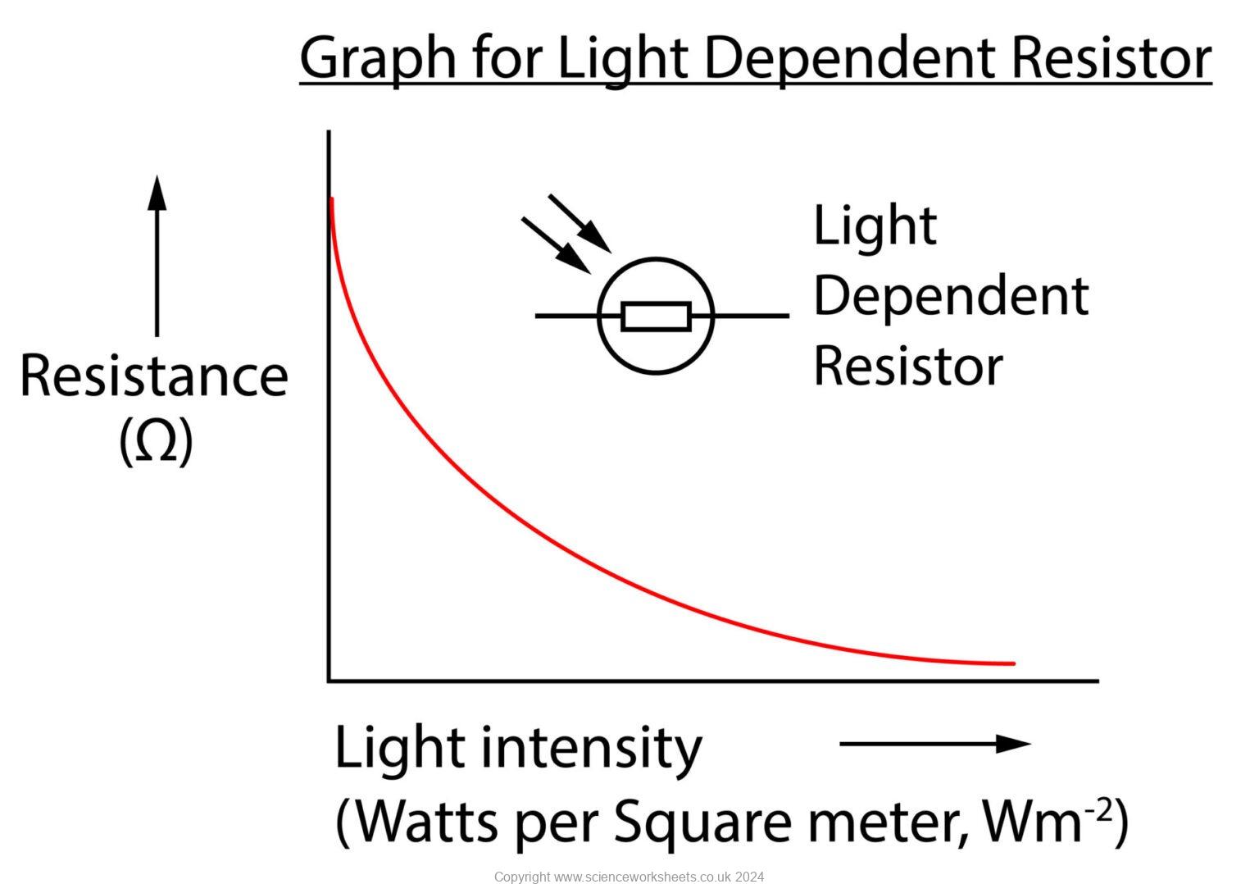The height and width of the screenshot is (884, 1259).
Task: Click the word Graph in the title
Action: point(378,59)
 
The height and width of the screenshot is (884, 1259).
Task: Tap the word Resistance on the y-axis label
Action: point(154,376)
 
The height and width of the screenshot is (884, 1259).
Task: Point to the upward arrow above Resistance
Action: point(157,254)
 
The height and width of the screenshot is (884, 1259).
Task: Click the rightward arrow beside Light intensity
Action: point(934,744)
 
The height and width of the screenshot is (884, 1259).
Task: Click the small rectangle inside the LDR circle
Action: point(656,317)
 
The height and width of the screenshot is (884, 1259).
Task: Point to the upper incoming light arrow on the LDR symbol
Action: point(580,223)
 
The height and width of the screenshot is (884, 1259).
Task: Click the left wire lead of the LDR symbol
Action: point(566,316)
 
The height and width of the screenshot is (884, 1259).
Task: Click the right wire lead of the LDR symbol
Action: point(751,316)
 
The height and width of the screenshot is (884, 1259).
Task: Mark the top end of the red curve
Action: point(331,200)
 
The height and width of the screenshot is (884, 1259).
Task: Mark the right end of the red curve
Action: point(1012,663)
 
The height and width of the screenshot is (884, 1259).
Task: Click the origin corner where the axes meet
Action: point(330,680)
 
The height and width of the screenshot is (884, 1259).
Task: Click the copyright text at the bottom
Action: point(629,877)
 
